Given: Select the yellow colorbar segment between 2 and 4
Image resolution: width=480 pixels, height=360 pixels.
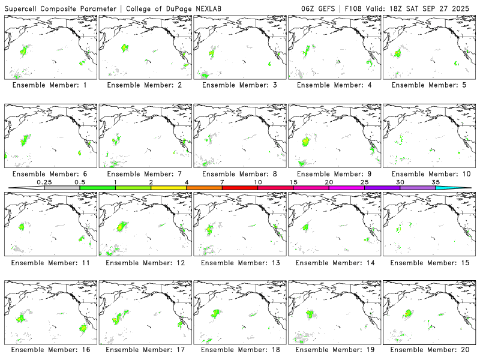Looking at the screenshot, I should click(x=169, y=188).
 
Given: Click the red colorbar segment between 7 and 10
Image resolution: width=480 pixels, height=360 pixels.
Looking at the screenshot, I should click(x=240, y=188).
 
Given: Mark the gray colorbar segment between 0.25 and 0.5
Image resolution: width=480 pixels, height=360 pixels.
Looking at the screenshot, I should click(x=62, y=188).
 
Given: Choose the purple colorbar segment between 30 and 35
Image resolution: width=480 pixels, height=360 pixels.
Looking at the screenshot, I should click(x=418, y=188).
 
